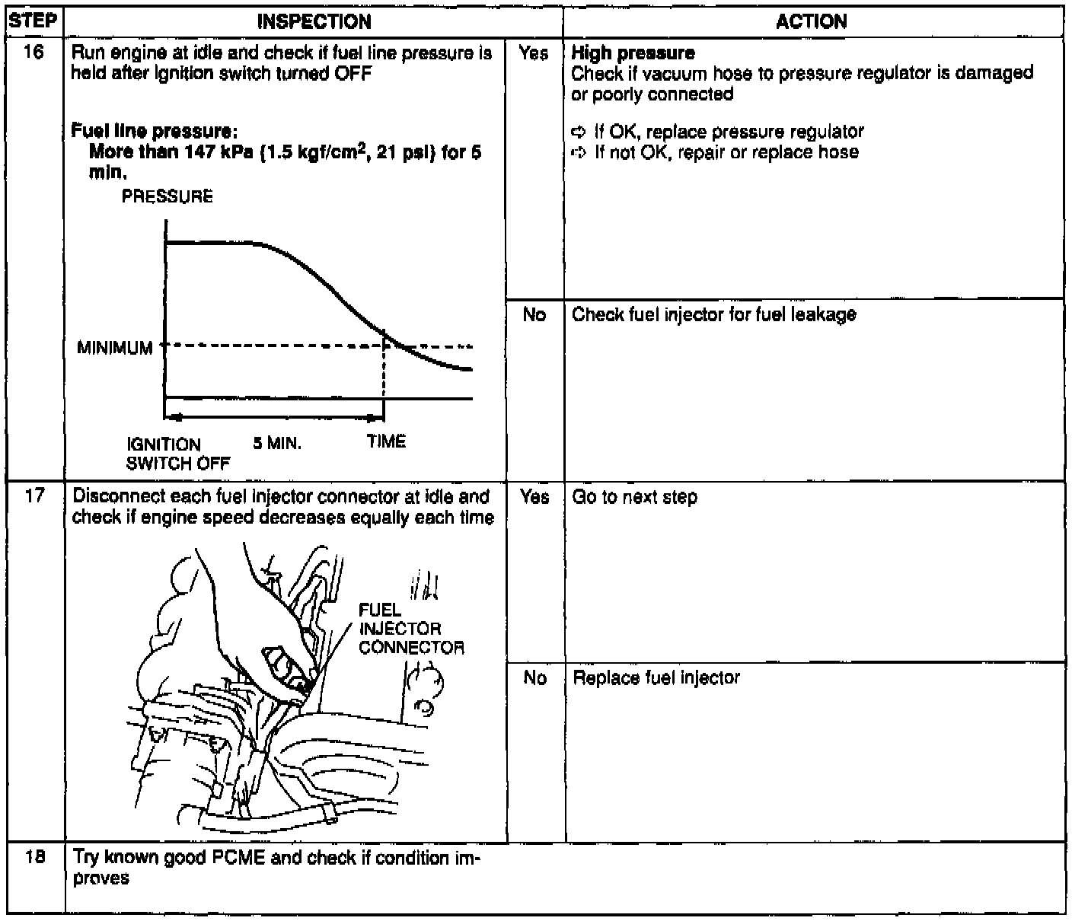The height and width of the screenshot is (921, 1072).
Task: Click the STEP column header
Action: [x=33, y=21]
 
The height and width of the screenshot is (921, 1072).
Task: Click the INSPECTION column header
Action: [x=314, y=21]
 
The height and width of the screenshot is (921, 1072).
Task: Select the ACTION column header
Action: [x=812, y=21]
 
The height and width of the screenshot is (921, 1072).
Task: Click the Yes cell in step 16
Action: [x=533, y=53]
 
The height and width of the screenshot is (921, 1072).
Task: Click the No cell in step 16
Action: [x=534, y=314]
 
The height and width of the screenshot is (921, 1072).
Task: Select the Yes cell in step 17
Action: [x=534, y=497]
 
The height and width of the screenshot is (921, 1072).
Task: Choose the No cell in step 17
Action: [x=535, y=677]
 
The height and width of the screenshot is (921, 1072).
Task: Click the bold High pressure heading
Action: [x=633, y=53]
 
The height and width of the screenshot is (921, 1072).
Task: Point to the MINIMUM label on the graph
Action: [x=115, y=349]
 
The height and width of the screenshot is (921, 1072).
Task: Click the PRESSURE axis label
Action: [x=167, y=197]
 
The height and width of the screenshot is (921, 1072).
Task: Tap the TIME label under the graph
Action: [x=386, y=441]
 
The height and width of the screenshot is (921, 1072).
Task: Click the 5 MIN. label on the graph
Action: [x=277, y=444]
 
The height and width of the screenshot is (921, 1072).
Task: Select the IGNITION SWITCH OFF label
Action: [x=178, y=454]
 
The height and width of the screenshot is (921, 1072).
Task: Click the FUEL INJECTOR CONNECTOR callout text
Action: [x=411, y=629]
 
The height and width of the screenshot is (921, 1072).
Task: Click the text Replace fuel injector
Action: [x=656, y=677]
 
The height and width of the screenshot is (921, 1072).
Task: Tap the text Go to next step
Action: [x=634, y=497]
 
